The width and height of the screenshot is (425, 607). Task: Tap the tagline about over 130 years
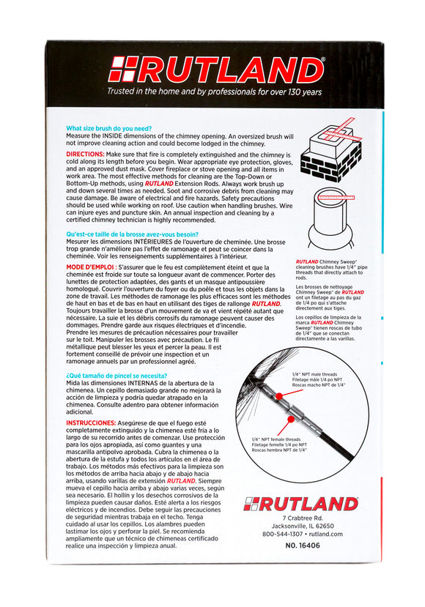pyautogui.click(x=215, y=92)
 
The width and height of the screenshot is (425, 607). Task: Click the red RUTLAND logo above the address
pyautogui.click(x=300, y=504)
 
